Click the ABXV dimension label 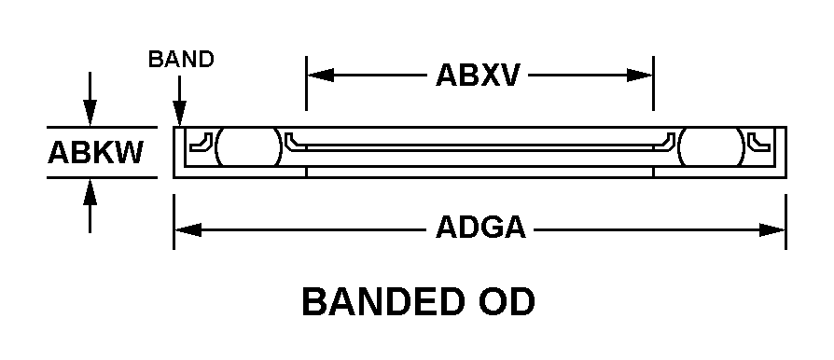pos(477,76)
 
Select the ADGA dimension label pos(480,228)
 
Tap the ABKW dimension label pos(96,153)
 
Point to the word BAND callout pos(181,59)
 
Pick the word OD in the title pos(507,301)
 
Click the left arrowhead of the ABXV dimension pos(321,76)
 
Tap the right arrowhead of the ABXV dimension pos(639,76)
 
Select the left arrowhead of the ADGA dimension pos(188,230)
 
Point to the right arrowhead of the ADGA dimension pos(772,230)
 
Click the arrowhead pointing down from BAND pos(180,114)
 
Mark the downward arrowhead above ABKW pos(90,113)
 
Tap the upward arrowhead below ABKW pos(90,192)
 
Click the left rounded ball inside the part pos(248,146)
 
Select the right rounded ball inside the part pos(712,146)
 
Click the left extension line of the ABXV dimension pos(306,83)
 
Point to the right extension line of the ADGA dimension pos(785,222)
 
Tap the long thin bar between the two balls pos(480,146)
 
